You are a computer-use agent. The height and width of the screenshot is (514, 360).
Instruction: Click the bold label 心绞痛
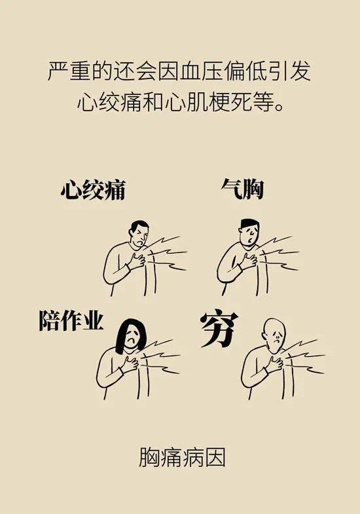click(x=92, y=190)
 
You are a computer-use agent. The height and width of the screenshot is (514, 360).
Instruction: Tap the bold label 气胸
click(x=242, y=190)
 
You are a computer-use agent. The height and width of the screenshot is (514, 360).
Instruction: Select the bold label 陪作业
click(x=71, y=321)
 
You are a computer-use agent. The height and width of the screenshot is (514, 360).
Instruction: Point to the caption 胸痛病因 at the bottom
click(x=181, y=457)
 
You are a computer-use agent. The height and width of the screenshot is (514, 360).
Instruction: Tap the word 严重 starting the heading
click(x=64, y=71)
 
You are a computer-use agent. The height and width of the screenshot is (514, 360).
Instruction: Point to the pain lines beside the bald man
click(x=305, y=356)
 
